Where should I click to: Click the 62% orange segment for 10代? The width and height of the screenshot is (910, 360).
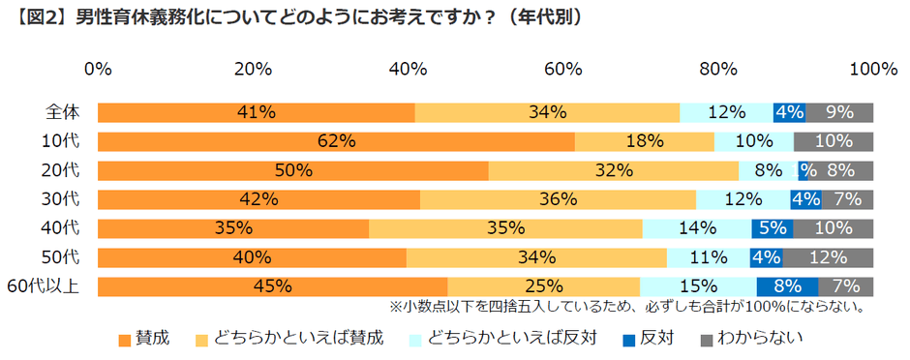(x=336, y=141)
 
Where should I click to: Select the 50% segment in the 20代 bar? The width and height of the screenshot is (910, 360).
(x=292, y=170)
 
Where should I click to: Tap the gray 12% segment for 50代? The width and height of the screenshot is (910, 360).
(x=828, y=257)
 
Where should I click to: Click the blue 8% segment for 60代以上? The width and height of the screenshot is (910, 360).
(x=787, y=286)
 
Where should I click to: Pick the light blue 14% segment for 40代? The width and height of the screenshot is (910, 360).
(x=697, y=228)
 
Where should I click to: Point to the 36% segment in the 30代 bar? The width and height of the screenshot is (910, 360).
(x=558, y=199)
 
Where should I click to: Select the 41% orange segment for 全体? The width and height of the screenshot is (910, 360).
(x=256, y=112)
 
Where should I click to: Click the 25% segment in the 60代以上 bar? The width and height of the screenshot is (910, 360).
(x=543, y=286)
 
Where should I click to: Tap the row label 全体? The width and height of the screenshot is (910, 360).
(x=62, y=112)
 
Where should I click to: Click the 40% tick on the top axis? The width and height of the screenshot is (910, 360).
(x=408, y=69)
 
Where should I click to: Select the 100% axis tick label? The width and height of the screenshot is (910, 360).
(x=872, y=69)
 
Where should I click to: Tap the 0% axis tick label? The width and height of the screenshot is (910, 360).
(x=98, y=69)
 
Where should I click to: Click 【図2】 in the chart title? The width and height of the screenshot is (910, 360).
(x=41, y=17)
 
